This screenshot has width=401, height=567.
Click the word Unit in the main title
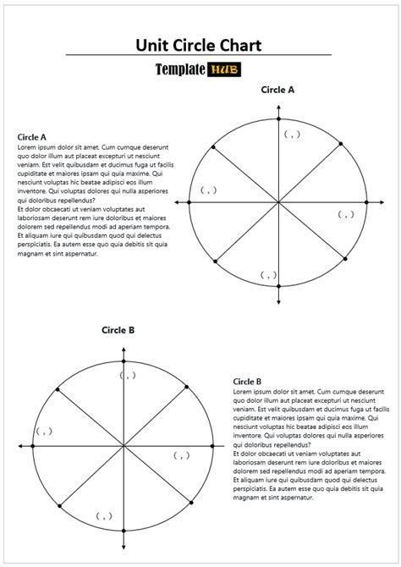pos(156,45)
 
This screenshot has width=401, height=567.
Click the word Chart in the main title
pos(238,45)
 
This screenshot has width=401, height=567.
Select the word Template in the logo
pos(179,72)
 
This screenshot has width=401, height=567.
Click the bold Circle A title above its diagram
pos(277,89)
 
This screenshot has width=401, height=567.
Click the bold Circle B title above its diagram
pos(118,330)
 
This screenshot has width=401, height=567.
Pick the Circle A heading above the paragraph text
pos(31,136)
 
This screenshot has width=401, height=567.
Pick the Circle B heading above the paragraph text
pos(247,382)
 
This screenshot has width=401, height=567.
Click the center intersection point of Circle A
pos(278,202)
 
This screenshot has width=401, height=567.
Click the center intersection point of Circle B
pos(124,445)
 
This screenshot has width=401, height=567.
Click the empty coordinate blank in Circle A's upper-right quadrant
pos(292,134)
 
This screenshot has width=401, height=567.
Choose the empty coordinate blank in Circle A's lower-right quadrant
pos(345,214)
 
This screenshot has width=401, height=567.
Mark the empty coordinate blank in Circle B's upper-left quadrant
pos(44,431)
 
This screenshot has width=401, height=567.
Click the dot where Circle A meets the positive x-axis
pos(366,202)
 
